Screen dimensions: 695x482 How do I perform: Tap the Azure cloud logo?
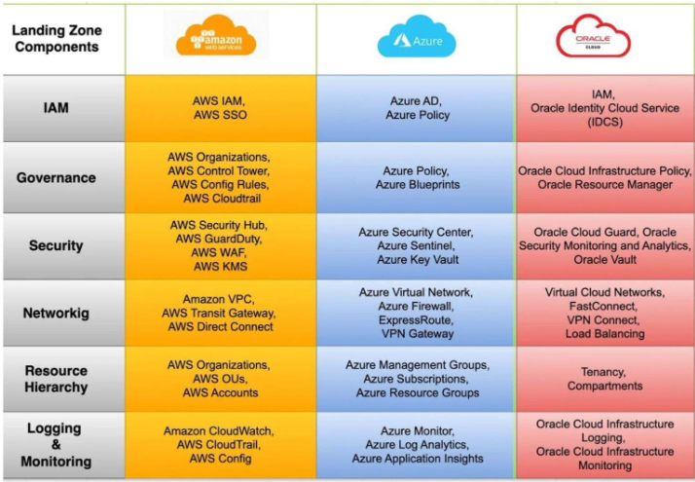[417, 38]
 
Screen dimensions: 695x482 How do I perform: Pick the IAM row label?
[56, 108]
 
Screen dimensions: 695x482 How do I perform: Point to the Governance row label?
[56, 178]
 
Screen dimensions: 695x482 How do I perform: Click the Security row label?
[56, 245]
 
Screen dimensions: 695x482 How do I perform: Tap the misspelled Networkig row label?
[56, 314]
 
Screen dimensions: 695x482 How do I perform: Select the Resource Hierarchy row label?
[56, 379]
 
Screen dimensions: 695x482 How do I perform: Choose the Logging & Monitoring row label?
[56, 444]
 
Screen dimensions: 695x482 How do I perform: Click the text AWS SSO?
[220, 115]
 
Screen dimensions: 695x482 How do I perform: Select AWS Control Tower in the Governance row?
[220, 170]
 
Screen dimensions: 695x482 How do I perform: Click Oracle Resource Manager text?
[604, 185]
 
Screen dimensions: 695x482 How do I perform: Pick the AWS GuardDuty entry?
[220, 239]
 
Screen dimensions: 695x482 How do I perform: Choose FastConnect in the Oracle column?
[604, 306]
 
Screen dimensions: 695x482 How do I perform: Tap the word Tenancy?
[604, 372]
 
